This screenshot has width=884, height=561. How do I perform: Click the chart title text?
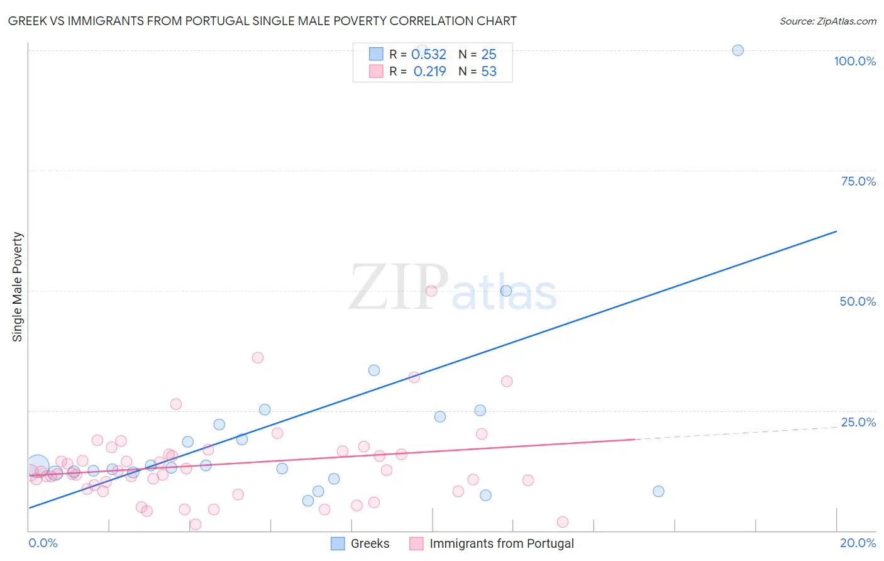tap(262, 21)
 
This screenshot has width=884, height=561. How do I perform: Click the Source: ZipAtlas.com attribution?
tap(827, 21)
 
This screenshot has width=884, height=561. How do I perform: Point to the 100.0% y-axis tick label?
tap(854, 61)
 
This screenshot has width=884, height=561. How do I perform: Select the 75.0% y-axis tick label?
tap(858, 181)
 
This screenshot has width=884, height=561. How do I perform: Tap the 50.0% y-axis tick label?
tap(858, 301)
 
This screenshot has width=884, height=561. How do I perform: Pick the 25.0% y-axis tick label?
tap(858, 422)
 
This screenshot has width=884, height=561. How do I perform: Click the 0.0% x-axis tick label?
tap(43, 543)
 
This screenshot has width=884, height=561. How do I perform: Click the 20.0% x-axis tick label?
tap(858, 543)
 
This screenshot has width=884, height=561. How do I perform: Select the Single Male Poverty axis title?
tap(18, 287)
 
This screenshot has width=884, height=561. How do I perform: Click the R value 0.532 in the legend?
tap(429, 55)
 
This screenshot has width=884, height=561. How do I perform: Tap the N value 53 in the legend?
tap(489, 72)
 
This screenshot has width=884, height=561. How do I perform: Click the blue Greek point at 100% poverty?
tap(738, 50)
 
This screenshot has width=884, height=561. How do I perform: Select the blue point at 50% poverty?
tap(506, 291)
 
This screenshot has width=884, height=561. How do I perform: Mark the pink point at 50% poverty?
tap(431, 291)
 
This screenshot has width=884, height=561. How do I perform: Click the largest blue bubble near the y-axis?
tap(37, 467)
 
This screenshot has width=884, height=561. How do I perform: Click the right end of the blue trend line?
tap(836, 231)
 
